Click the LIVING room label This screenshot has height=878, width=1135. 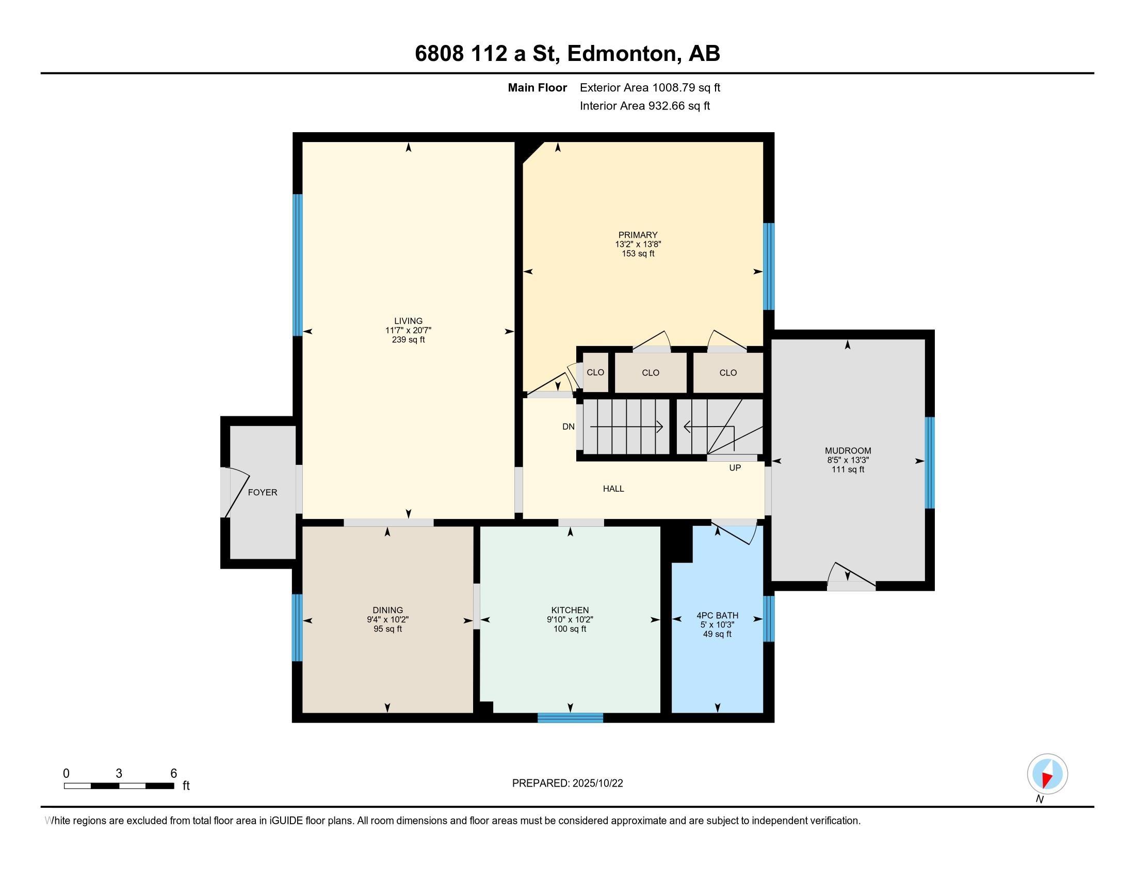pyautogui.click(x=408, y=321)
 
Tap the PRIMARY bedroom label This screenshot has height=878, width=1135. pyautogui.click(x=638, y=234)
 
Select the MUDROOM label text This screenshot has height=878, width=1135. pyautogui.click(x=848, y=450)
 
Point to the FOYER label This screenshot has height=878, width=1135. pyautogui.click(x=263, y=492)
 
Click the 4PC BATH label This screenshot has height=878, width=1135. pyautogui.click(x=717, y=615)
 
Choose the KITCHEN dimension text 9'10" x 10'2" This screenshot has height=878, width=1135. pyautogui.click(x=570, y=619)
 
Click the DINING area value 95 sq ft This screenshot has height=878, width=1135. pyautogui.click(x=387, y=629)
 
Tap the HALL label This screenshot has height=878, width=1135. pyautogui.click(x=613, y=489)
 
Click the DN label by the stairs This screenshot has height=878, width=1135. pyautogui.click(x=568, y=427)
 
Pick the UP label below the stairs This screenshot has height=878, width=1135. pyautogui.click(x=735, y=467)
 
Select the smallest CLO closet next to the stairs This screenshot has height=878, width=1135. pyautogui.click(x=595, y=372)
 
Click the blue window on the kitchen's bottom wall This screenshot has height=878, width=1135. pyautogui.click(x=570, y=718)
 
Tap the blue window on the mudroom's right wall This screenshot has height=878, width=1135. pyautogui.click(x=930, y=462)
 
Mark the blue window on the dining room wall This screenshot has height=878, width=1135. pyautogui.click(x=297, y=628)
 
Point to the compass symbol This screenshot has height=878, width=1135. pyautogui.click(x=1047, y=774)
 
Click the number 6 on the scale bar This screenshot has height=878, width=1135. pyautogui.click(x=173, y=773)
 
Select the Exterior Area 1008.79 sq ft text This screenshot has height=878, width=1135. pyautogui.click(x=650, y=87)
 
